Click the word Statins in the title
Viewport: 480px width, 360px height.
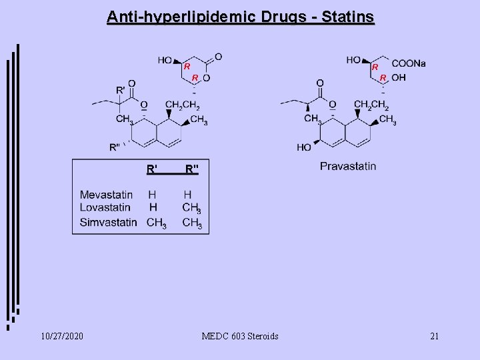348,17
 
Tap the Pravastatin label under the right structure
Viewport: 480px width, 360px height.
347,166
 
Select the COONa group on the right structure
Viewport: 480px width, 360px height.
408,63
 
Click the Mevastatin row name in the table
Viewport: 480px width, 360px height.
106,195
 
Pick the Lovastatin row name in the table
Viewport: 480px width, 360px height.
105,207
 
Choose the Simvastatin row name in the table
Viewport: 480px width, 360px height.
108,222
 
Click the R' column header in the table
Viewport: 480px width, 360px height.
153,169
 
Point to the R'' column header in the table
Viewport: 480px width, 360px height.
191,169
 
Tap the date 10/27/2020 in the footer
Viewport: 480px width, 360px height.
61,336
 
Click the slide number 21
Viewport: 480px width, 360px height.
435,336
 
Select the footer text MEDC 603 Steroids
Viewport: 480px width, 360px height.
240,336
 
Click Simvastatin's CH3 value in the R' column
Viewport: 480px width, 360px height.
155,223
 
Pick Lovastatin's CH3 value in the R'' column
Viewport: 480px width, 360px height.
191,209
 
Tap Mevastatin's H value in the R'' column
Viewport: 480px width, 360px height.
188,195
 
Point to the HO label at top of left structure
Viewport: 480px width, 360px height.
165,60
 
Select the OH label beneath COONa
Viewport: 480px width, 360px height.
399,78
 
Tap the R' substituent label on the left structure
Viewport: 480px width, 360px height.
121,89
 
